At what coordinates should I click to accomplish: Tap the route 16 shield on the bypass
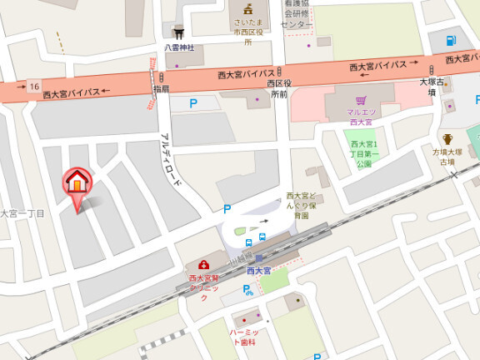coord(33,87)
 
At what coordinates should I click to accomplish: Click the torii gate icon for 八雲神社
coord(178,33)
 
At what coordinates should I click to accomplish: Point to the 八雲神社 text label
coord(179,47)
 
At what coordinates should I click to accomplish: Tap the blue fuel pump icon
coord(451,40)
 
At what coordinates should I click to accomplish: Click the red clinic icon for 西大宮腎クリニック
coord(203,265)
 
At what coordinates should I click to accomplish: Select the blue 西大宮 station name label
coord(259,271)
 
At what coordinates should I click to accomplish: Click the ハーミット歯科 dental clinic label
coord(245,337)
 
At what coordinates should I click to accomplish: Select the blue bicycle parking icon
coord(247,290)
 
